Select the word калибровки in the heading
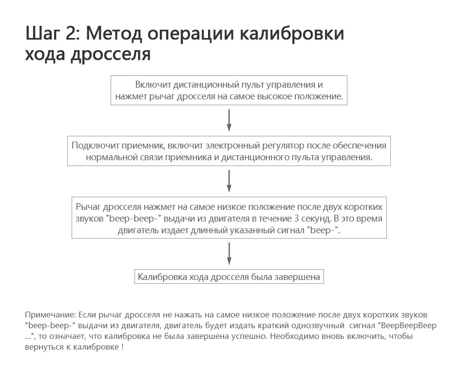tap(292, 34)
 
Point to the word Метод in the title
tap(114, 34)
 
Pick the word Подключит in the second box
tap(89, 146)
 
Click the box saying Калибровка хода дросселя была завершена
tap(229, 277)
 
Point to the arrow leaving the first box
tap(229, 120)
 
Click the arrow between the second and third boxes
tap(229, 181)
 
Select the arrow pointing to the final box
tap(229, 254)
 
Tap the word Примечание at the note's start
tap(50, 315)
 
